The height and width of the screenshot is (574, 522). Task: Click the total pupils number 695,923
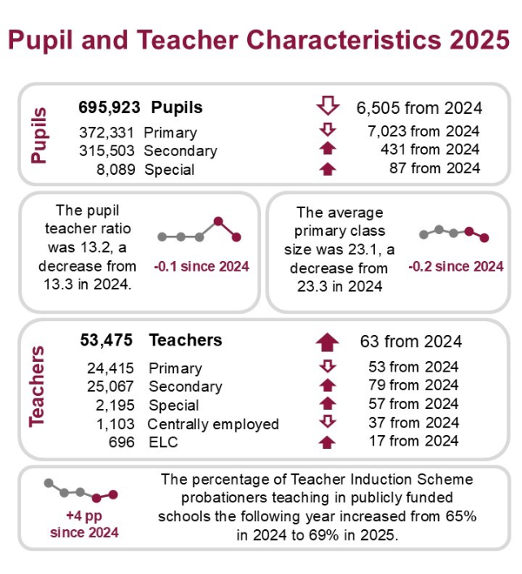(x=109, y=107)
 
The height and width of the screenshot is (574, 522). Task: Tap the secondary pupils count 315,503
(x=109, y=150)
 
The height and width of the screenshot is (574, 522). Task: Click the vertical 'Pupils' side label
(x=39, y=135)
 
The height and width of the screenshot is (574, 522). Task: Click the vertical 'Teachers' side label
(x=38, y=385)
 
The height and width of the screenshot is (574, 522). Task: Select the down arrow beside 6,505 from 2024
(x=327, y=107)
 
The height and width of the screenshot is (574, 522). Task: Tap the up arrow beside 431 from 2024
(x=327, y=149)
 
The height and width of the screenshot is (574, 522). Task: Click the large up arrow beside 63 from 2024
(x=327, y=341)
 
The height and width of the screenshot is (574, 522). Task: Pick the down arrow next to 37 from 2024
(x=327, y=422)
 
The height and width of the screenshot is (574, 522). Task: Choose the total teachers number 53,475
(x=107, y=340)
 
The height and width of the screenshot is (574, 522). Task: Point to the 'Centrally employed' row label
(x=213, y=424)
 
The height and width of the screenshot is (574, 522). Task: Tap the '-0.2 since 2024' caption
(x=455, y=266)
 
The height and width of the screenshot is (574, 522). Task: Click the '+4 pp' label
(x=83, y=516)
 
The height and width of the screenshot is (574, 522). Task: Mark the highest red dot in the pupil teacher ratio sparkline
(x=218, y=221)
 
